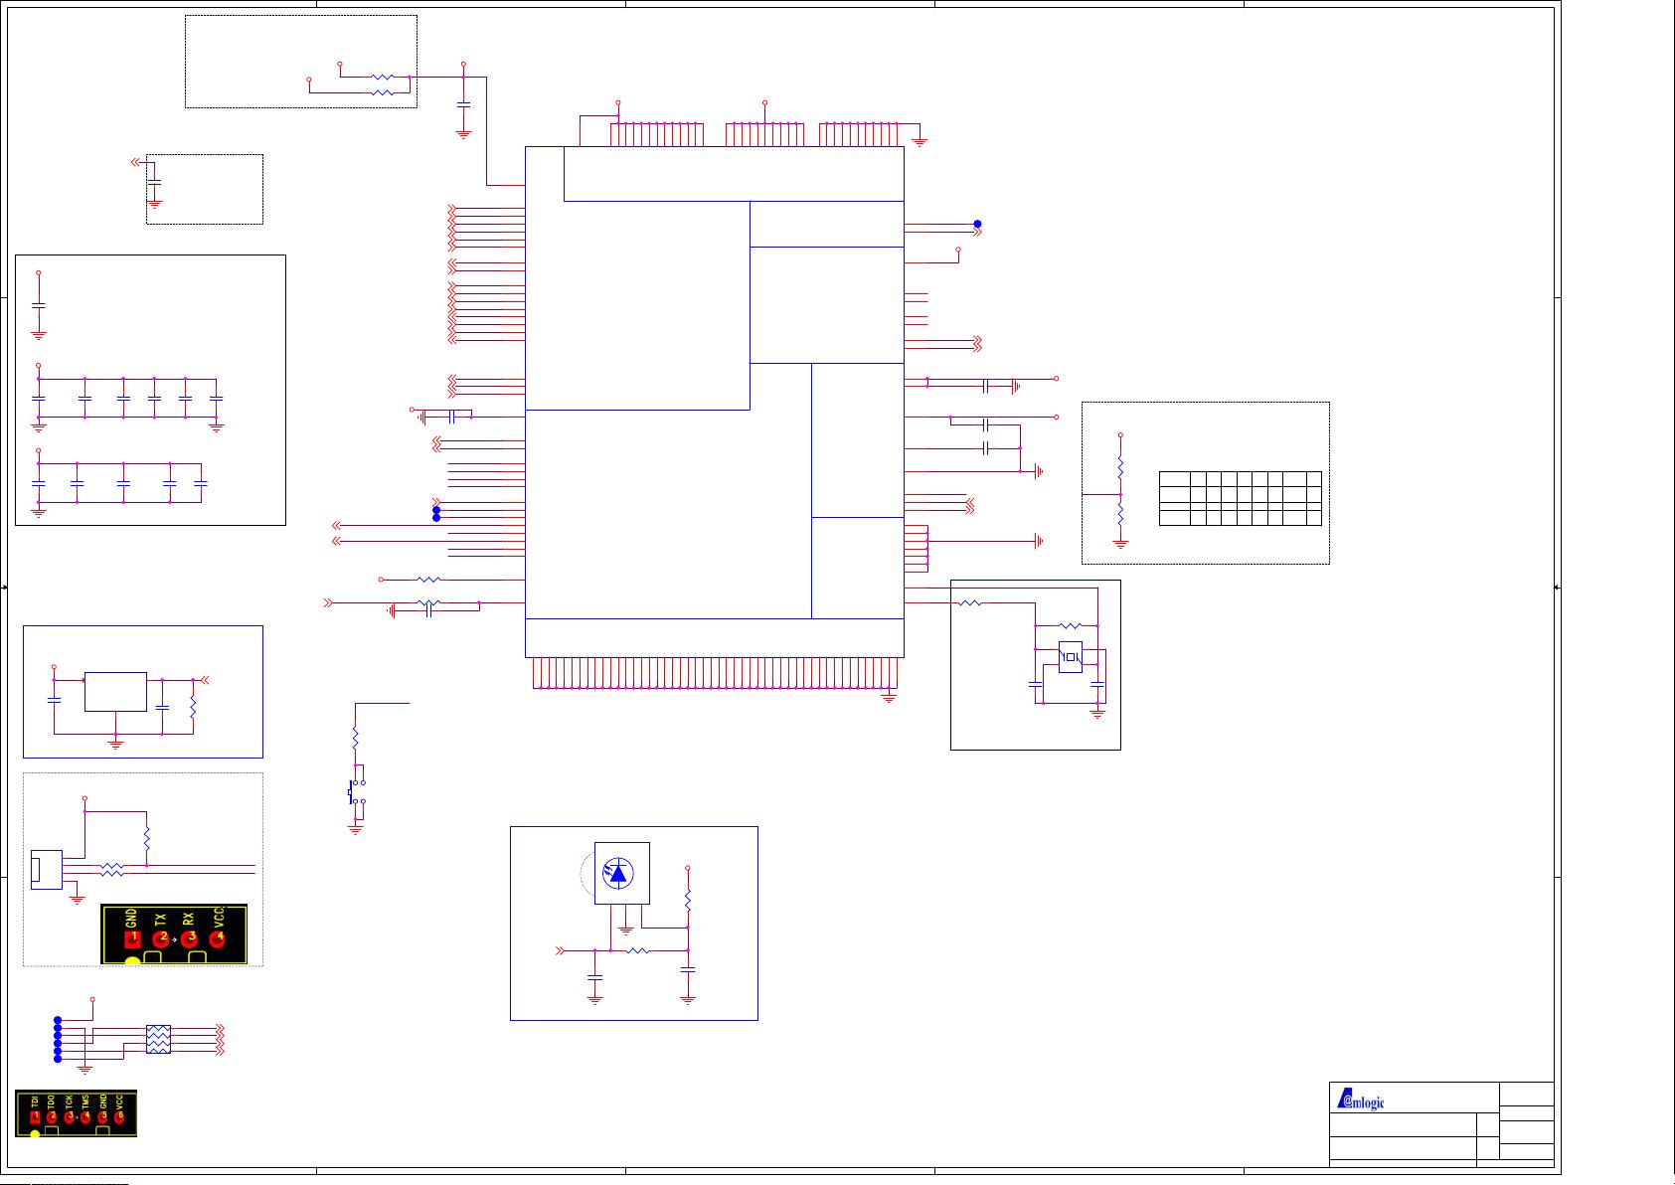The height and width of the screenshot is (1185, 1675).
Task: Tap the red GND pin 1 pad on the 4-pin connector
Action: pos(131,937)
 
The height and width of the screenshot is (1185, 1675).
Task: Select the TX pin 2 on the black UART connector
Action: pos(160,937)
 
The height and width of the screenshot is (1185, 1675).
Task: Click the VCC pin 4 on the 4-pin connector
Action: pos(218,937)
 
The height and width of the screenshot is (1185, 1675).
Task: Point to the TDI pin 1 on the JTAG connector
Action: pos(36,1117)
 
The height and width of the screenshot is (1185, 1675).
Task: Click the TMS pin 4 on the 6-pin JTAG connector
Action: pos(85,1117)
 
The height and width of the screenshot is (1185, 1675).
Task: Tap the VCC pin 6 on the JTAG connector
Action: pos(119,1117)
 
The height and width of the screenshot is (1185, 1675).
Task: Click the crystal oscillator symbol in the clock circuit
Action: pos(1070,656)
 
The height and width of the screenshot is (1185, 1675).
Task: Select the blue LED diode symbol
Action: pos(620,874)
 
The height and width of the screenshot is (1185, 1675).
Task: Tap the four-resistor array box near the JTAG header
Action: pos(158,1039)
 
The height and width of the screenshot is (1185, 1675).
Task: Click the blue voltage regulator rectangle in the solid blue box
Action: pos(115,692)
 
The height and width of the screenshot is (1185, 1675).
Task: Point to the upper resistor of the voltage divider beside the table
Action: pos(1120,465)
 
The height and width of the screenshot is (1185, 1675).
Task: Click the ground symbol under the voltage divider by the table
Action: pos(1120,544)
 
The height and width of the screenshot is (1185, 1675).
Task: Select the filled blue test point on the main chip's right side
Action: pos(977,224)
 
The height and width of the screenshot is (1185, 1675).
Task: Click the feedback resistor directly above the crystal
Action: pos(1070,625)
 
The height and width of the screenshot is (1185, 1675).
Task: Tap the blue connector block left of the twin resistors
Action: pos(46,870)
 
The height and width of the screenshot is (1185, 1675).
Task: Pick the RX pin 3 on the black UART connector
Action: pos(189,937)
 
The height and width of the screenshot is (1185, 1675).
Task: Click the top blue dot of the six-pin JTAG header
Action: pos(58,1020)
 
